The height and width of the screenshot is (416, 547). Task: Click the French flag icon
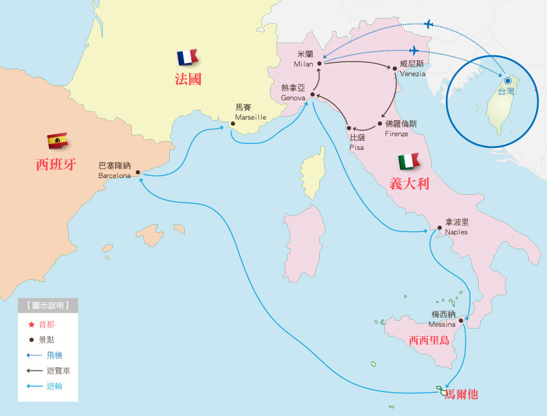tap(187, 58)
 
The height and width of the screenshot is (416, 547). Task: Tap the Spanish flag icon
tap(57, 140)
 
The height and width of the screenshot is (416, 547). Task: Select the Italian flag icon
tap(408, 161)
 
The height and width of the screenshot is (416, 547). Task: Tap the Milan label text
tap(304, 59)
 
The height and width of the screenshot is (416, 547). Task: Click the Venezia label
tap(412, 69)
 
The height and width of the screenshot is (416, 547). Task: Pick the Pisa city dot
tap(349, 128)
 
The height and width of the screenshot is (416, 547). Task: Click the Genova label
tap(293, 93)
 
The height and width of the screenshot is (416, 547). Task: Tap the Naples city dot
tap(439, 228)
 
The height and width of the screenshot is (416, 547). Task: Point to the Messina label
tap(443, 320)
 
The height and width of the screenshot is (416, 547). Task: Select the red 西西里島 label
tap(429, 341)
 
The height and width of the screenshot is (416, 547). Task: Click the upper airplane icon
tap(429, 24)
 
